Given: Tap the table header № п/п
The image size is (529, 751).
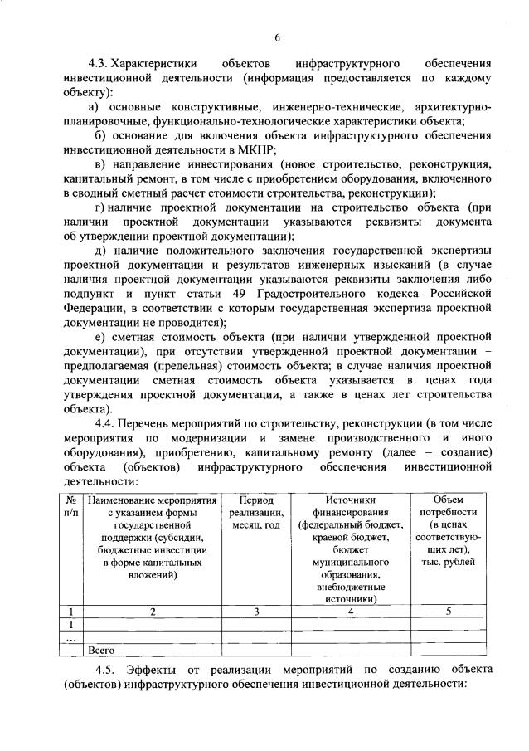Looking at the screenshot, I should tap(72, 507).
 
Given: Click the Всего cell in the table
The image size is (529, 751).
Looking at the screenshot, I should tap(100, 651).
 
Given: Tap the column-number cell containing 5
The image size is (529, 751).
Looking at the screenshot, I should tap(449, 612).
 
